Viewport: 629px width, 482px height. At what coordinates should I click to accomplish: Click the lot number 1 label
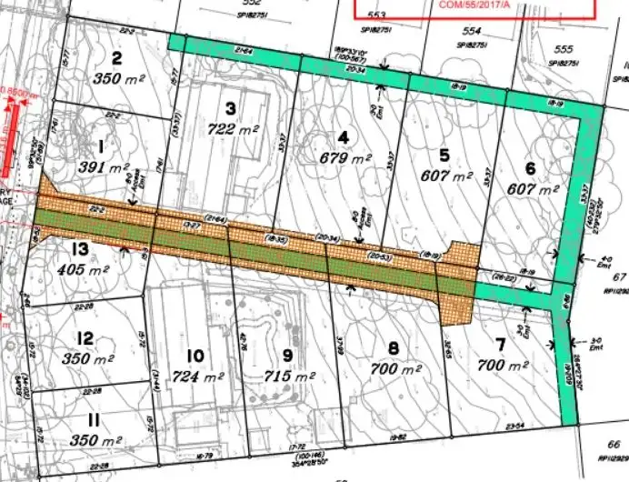[101, 146]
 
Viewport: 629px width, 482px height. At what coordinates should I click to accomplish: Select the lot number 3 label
[231, 108]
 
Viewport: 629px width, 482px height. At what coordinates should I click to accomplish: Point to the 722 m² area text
[232, 129]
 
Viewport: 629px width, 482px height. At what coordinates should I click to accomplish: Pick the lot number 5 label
[444, 154]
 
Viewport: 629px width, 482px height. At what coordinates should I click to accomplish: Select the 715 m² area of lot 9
[286, 376]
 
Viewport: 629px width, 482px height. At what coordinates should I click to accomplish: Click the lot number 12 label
[85, 338]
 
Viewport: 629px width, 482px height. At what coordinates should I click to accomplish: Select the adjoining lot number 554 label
[474, 30]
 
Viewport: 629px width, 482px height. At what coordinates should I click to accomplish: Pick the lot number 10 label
[194, 356]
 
